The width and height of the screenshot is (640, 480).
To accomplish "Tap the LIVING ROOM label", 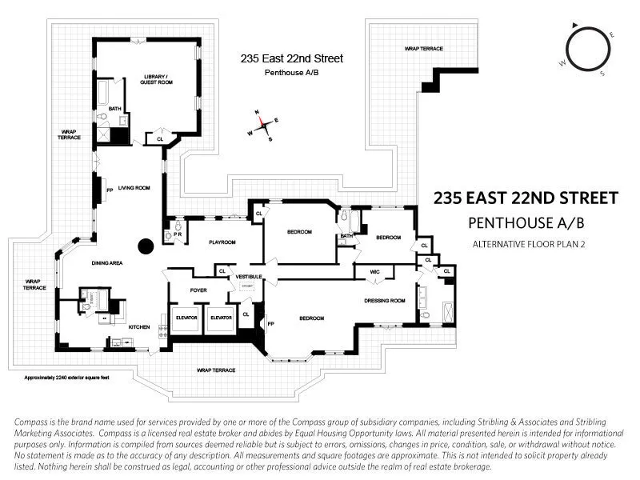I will [x=134, y=188].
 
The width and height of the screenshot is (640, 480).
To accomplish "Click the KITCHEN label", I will [x=139, y=326].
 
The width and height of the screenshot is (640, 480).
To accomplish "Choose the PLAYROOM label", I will [x=222, y=242].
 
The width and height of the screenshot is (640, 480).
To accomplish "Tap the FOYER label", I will [x=198, y=290].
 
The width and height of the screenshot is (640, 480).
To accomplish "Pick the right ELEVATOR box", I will [x=220, y=318].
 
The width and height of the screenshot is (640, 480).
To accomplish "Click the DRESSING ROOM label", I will [x=385, y=300].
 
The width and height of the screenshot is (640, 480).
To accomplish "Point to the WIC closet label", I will [x=374, y=273].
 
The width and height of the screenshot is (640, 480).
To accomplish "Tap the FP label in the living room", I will [x=110, y=190].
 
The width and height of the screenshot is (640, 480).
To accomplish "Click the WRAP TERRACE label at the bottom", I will [x=217, y=370].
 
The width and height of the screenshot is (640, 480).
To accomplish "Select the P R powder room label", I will [x=178, y=234].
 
